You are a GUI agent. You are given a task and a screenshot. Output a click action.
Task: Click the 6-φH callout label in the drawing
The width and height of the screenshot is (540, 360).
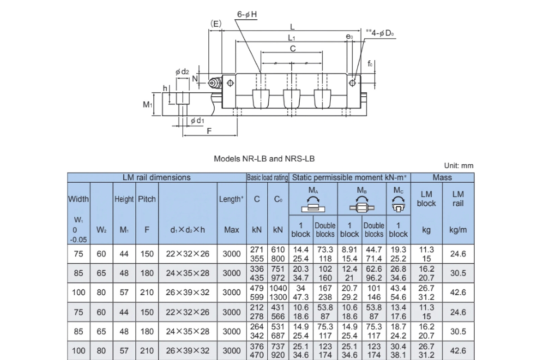tap(247, 14)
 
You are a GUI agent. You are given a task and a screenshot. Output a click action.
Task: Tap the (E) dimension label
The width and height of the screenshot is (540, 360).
tap(216, 24)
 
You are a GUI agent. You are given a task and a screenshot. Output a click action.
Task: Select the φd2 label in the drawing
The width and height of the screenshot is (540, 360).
tap(182, 72)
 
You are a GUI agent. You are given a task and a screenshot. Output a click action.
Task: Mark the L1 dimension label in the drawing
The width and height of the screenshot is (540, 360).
tap(292, 38)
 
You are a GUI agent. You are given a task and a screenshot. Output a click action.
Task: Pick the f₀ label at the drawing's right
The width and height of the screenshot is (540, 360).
tap(370, 64)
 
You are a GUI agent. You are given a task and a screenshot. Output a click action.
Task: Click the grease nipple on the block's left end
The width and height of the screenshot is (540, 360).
tap(215, 83)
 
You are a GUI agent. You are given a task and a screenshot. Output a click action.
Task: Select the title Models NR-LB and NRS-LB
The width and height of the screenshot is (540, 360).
tap(264, 158)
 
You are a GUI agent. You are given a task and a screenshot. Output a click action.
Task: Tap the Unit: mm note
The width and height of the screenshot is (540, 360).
tap(459, 166)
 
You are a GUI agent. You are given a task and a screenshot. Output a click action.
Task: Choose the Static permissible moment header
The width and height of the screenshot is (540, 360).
tap(351, 177)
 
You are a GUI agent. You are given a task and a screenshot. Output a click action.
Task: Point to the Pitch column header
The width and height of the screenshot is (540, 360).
tap(147, 199)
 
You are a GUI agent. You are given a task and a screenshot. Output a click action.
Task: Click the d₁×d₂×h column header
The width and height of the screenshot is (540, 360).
tap(188, 229)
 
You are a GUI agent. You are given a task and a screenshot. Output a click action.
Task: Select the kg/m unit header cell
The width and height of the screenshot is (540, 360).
tap(458, 229)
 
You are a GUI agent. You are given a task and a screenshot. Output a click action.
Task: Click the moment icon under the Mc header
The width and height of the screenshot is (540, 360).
tap(398, 206)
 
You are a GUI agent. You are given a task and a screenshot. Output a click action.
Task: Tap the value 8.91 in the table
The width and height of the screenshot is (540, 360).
tap(349, 250)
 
